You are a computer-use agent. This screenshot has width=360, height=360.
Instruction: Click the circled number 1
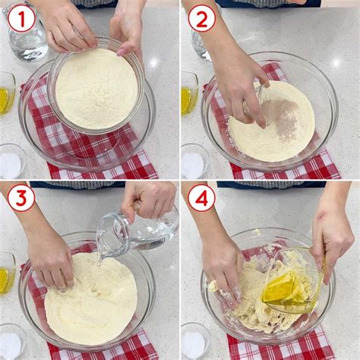coord(21,19)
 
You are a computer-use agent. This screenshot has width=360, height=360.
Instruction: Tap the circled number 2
coord(202,19)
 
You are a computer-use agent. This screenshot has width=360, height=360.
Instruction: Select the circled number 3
coord(21,197)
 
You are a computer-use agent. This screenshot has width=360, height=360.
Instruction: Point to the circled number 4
coord(202,197)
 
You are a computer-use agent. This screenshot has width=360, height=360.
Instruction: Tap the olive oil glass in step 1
coord(7,93)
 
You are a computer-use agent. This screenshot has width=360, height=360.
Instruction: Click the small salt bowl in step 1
coord(12,161)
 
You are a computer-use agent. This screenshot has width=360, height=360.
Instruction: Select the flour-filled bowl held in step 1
coord(96,86)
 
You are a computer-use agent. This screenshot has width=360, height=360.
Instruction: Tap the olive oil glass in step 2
coord(189,93)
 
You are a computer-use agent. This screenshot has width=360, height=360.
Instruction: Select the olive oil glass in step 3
coord(7,273)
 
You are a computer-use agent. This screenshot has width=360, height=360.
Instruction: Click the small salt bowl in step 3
coord(12,341)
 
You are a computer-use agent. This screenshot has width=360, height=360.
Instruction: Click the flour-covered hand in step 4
coord(223,273)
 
